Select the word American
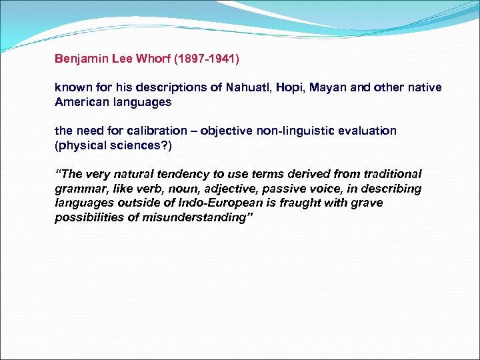[79, 103]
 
